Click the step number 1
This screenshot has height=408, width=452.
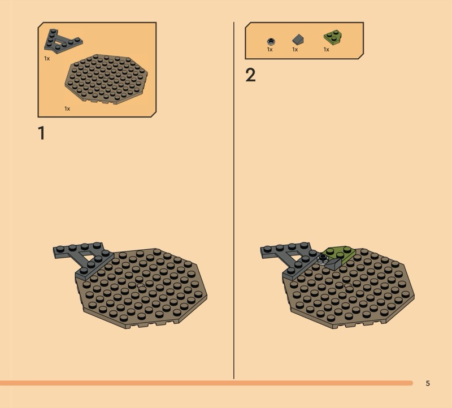(42, 133)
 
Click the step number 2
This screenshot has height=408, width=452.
(250, 75)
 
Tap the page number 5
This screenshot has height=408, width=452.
(428, 383)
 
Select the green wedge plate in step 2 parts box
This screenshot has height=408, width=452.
(333, 37)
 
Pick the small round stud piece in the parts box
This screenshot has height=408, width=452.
(271, 41)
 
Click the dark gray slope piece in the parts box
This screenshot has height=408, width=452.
(298, 40)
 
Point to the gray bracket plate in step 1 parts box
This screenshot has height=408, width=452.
(62, 42)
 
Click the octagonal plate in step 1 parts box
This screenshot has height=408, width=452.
(106, 79)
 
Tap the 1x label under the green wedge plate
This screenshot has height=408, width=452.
(327, 50)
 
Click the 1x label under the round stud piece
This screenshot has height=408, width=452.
(270, 50)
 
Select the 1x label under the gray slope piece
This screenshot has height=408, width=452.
(295, 50)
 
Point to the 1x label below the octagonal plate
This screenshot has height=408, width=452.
(67, 108)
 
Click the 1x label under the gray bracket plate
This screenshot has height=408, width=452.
(47, 59)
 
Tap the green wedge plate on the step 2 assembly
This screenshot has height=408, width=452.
(340, 254)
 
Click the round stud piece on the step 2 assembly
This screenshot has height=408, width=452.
(322, 260)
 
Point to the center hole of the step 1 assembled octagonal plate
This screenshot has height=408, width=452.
(141, 286)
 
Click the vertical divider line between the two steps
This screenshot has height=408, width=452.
(234, 201)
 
